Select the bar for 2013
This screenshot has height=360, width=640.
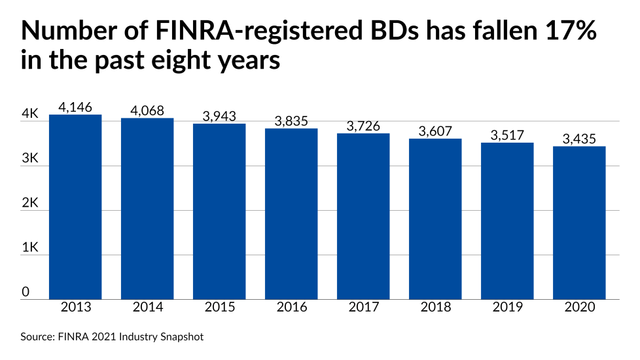[x=75, y=207]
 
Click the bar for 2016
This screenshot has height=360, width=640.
[x=291, y=213]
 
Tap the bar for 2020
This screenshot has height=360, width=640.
[x=579, y=223]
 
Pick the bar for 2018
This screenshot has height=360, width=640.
[x=435, y=219]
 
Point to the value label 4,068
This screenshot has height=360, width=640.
[x=147, y=111]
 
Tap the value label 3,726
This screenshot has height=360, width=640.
[x=363, y=126]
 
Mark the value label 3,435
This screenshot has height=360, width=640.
[x=579, y=139]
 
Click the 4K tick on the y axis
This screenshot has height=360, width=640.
[x=30, y=114]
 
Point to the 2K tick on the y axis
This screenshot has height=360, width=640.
[x=30, y=204]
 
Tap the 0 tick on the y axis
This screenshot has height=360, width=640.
[x=26, y=293]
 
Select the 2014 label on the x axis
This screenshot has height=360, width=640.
[x=147, y=308]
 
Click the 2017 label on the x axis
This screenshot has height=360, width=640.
[x=363, y=308]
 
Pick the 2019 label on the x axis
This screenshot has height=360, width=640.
[x=507, y=308]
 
